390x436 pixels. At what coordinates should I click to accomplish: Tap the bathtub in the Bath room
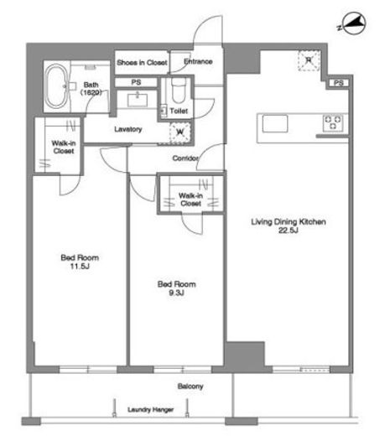[x=56, y=86]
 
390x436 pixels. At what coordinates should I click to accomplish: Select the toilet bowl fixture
[x=178, y=91]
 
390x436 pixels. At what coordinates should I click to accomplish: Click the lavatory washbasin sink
[x=138, y=100]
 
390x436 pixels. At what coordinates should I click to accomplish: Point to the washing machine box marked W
[x=179, y=132]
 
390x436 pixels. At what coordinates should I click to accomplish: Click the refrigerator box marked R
[x=309, y=60]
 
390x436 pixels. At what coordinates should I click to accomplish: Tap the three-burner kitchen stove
[x=333, y=122]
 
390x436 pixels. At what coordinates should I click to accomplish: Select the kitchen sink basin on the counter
[x=275, y=123]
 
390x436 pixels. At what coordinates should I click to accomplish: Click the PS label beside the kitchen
[x=339, y=83]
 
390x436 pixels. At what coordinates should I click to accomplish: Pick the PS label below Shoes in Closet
[x=136, y=82]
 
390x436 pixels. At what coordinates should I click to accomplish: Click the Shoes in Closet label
[x=142, y=63]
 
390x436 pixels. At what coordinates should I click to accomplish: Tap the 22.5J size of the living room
[x=289, y=231]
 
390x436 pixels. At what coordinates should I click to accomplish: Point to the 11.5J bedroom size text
[x=80, y=267]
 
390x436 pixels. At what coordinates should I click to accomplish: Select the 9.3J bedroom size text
[x=176, y=293]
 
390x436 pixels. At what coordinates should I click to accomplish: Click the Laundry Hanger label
[x=151, y=410]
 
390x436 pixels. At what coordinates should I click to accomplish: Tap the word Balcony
[x=190, y=387]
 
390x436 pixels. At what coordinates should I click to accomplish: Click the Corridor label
[x=185, y=158]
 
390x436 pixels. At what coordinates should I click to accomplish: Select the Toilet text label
[x=179, y=111]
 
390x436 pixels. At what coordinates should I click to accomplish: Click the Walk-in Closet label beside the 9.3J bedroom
[x=191, y=200]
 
